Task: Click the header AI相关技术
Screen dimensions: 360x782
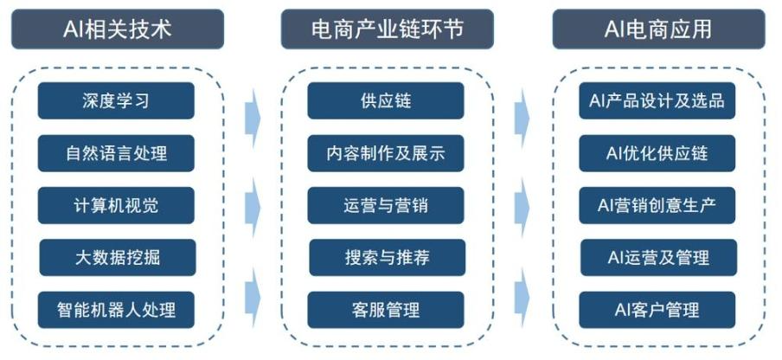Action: pyautogui.click(x=117, y=29)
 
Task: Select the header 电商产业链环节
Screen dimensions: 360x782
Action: pyautogui.click(x=387, y=29)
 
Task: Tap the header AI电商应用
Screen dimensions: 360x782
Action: pyautogui.click(x=657, y=29)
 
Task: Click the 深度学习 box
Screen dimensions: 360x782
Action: pyautogui.click(x=116, y=100)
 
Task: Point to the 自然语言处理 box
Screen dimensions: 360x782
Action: pyautogui.click(x=116, y=153)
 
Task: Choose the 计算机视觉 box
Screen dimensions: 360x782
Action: pyautogui.click(x=116, y=205)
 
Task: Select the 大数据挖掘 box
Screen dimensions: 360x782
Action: pyautogui.click(x=117, y=257)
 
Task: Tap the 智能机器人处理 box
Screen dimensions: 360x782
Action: pyautogui.click(x=116, y=309)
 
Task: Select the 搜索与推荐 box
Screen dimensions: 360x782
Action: pyautogui.click(x=387, y=257)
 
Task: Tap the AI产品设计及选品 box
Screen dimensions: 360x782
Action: pyautogui.click(x=657, y=100)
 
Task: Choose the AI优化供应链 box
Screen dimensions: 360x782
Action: pyautogui.click(x=657, y=153)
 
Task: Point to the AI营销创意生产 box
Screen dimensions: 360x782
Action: pyautogui.click(x=657, y=205)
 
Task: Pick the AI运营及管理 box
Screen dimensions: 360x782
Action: pyautogui.click(x=657, y=257)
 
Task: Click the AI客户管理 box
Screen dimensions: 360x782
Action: pyautogui.click(x=657, y=309)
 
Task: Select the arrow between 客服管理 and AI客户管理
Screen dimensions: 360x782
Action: pyautogui.click(x=522, y=296)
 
